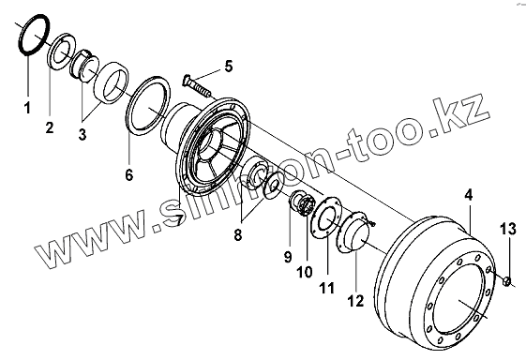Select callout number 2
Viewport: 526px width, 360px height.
coord(50,127)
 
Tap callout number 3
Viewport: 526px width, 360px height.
coord(83,134)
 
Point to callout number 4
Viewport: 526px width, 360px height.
coord(468,195)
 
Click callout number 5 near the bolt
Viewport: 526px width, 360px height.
coord(229,67)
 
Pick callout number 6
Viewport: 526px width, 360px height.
coord(129,174)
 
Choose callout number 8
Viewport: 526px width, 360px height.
coord(237,234)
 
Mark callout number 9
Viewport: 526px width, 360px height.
coord(288,257)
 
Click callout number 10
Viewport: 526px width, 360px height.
coord(305,272)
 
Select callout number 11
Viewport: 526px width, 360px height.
coord(326,288)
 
